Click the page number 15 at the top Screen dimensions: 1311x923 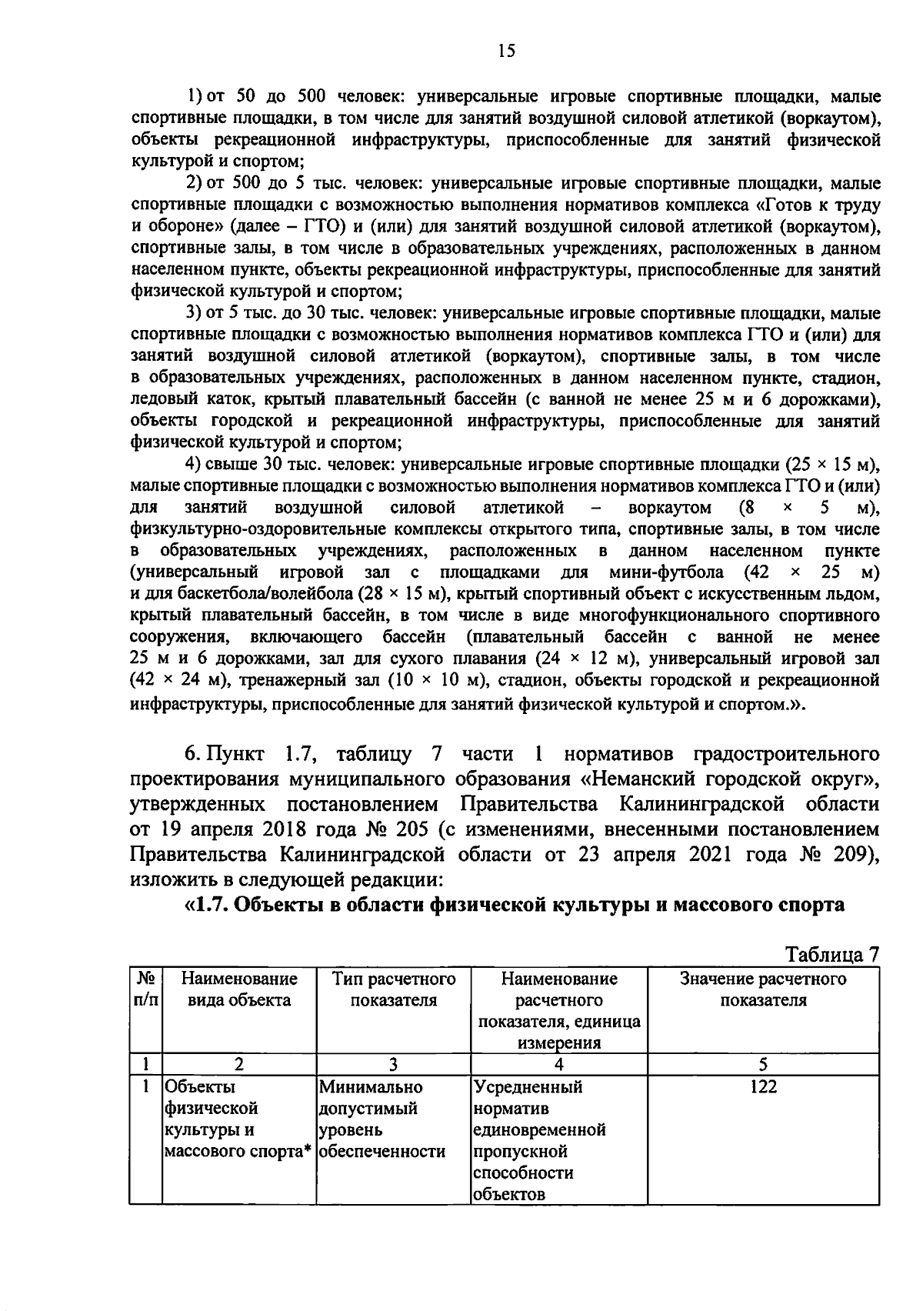coord(506,51)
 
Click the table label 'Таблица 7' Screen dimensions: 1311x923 coord(831,954)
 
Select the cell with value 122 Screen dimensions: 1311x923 coord(763,1086)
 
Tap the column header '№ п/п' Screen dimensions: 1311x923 coord(145,989)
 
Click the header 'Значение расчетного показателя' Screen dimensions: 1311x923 coord(763,989)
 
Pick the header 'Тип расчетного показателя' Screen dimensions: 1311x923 coord(393,989)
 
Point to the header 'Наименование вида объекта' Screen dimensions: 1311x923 coord(238,989)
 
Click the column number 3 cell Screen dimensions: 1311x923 coord(393,1065)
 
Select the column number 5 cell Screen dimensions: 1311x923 coord(763,1065)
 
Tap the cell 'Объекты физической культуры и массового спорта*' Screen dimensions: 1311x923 coord(238,1119)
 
